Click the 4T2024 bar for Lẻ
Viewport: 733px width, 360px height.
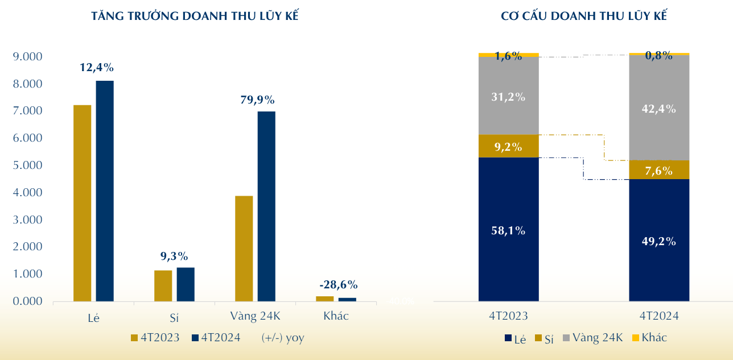click(x=105, y=191)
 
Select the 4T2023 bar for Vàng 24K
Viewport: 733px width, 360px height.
click(x=244, y=248)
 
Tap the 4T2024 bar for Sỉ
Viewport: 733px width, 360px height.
click(x=186, y=284)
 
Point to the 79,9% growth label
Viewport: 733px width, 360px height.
click(x=257, y=100)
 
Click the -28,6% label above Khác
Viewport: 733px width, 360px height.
click(x=339, y=285)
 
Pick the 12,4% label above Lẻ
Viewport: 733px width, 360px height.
click(x=97, y=68)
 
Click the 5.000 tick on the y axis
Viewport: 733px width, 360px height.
click(x=27, y=165)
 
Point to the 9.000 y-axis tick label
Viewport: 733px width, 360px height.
click(x=27, y=57)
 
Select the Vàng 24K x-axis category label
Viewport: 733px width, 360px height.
click(x=256, y=316)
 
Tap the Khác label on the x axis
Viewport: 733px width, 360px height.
click(x=336, y=316)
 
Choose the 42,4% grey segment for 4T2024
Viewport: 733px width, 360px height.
click(x=659, y=108)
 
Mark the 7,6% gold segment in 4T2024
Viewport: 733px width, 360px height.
click(x=659, y=170)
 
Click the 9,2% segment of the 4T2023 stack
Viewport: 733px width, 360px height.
click(x=508, y=146)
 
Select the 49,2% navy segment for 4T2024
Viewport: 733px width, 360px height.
click(x=659, y=241)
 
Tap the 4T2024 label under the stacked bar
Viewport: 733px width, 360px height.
click(x=659, y=316)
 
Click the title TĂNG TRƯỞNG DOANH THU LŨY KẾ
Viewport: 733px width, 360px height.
click(x=195, y=16)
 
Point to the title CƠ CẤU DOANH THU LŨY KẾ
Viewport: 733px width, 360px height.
click(x=583, y=16)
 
